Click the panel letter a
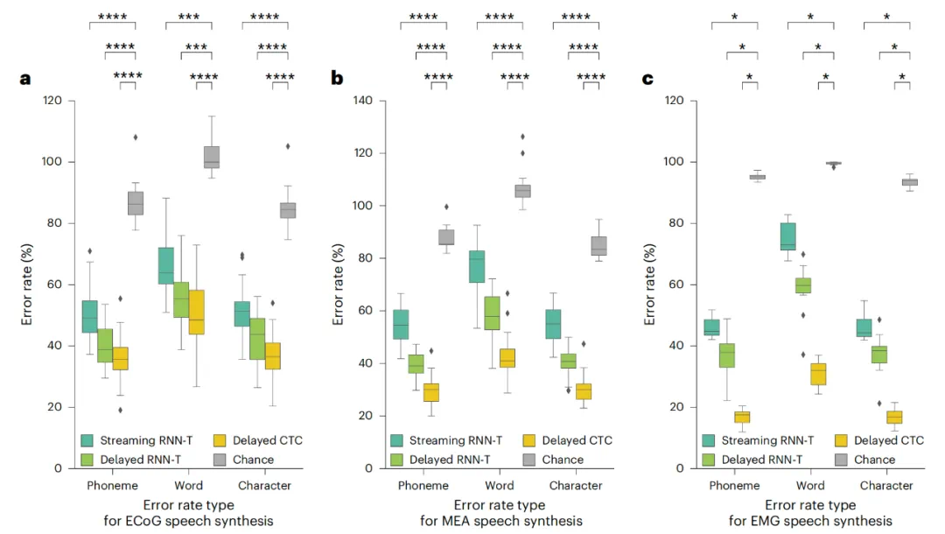point(25,79)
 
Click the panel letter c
point(648,79)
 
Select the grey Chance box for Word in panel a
point(211,158)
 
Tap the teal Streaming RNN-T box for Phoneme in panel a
point(89,316)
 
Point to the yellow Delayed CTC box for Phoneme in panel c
point(741,417)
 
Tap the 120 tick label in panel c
point(675,101)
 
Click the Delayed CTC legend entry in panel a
point(259,440)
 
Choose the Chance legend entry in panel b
point(561,460)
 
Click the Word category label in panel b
point(500,486)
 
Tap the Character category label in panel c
point(886,486)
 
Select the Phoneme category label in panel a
point(113,486)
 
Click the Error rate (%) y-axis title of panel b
point(337,285)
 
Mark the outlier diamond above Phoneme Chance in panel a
point(135,137)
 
